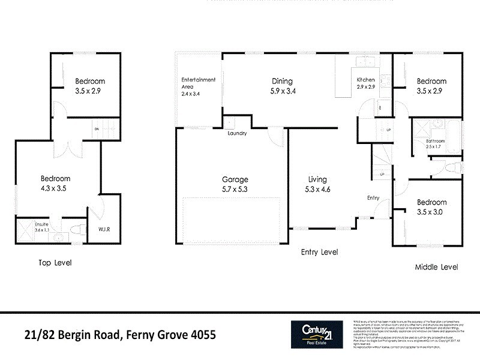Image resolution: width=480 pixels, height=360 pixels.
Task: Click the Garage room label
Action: click(235, 179)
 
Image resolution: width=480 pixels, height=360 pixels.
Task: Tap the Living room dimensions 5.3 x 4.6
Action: click(317, 189)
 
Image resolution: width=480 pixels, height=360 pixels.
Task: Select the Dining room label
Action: click(281, 82)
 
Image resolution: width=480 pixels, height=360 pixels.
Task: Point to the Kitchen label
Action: click(366, 80)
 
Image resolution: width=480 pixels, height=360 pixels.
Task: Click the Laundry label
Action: click(237, 133)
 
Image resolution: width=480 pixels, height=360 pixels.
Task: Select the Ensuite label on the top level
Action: click(28, 224)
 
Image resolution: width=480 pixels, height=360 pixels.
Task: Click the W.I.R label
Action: click(97, 229)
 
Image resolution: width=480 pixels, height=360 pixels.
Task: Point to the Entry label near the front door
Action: click(374, 197)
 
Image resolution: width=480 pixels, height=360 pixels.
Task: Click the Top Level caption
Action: click(55, 263)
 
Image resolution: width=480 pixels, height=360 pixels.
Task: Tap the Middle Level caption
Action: click(437, 267)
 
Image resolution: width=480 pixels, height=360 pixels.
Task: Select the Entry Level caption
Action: click(319, 253)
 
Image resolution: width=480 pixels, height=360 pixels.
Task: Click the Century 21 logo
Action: click(317, 334)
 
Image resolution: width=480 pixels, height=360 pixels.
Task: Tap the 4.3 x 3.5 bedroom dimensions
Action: click(55, 188)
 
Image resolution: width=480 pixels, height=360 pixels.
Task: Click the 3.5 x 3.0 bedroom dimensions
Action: click(432, 211)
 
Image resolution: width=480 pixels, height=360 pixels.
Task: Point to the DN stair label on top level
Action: click(95, 128)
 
